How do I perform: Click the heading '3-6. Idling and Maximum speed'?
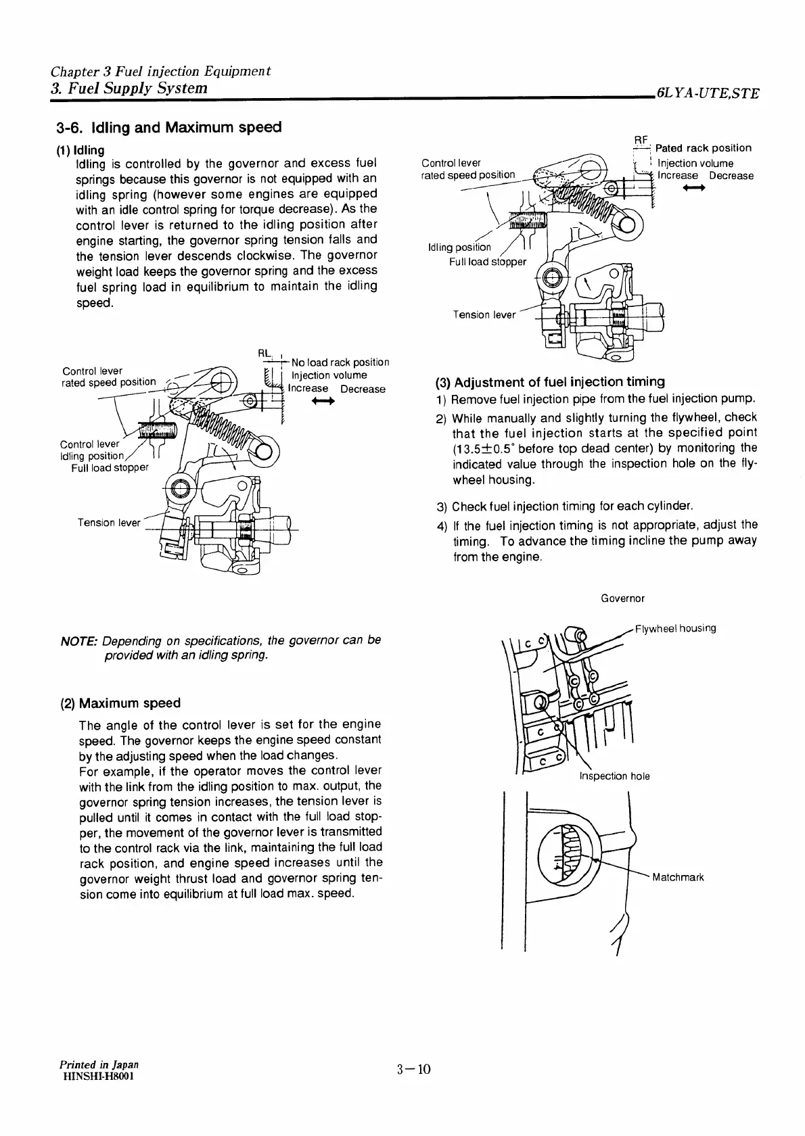point(168,127)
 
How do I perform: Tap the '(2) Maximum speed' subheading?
point(120,703)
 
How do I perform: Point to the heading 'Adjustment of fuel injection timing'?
point(549,381)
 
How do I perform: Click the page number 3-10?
point(414,1069)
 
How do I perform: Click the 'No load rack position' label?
point(340,362)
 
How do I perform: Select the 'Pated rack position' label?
point(704,148)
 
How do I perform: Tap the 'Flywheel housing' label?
point(676,628)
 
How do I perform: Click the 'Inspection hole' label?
point(614,776)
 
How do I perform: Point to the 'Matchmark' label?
point(678,878)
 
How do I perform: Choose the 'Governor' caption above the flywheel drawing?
point(622,598)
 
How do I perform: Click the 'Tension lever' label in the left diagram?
point(109,523)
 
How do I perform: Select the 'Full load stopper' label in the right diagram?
point(487,262)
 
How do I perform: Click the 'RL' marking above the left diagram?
point(264,352)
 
